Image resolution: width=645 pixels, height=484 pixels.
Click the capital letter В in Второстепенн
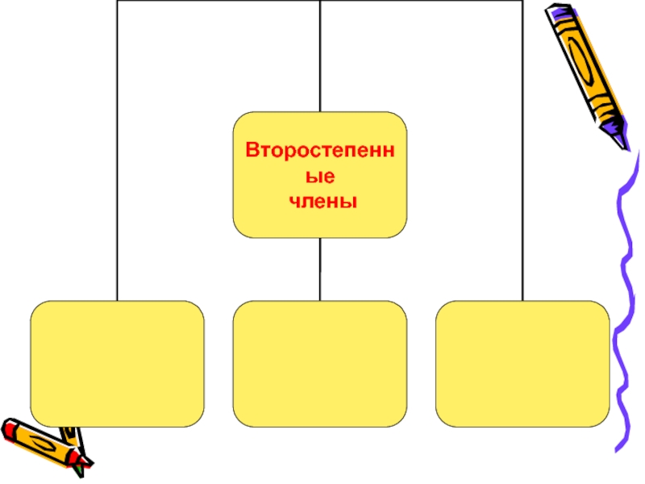click(x=252, y=151)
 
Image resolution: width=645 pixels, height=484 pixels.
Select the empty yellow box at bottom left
click(x=117, y=364)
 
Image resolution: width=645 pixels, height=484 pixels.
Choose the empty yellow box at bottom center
click(x=320, y=364)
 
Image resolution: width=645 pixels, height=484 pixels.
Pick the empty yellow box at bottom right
click(x=522, y=364)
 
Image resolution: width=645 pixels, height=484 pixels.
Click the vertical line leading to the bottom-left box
click(x=117, y=161)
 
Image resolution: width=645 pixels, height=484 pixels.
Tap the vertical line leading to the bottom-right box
click(x=522, y=161)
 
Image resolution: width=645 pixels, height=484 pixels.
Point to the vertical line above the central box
click(x=320, y=56)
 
